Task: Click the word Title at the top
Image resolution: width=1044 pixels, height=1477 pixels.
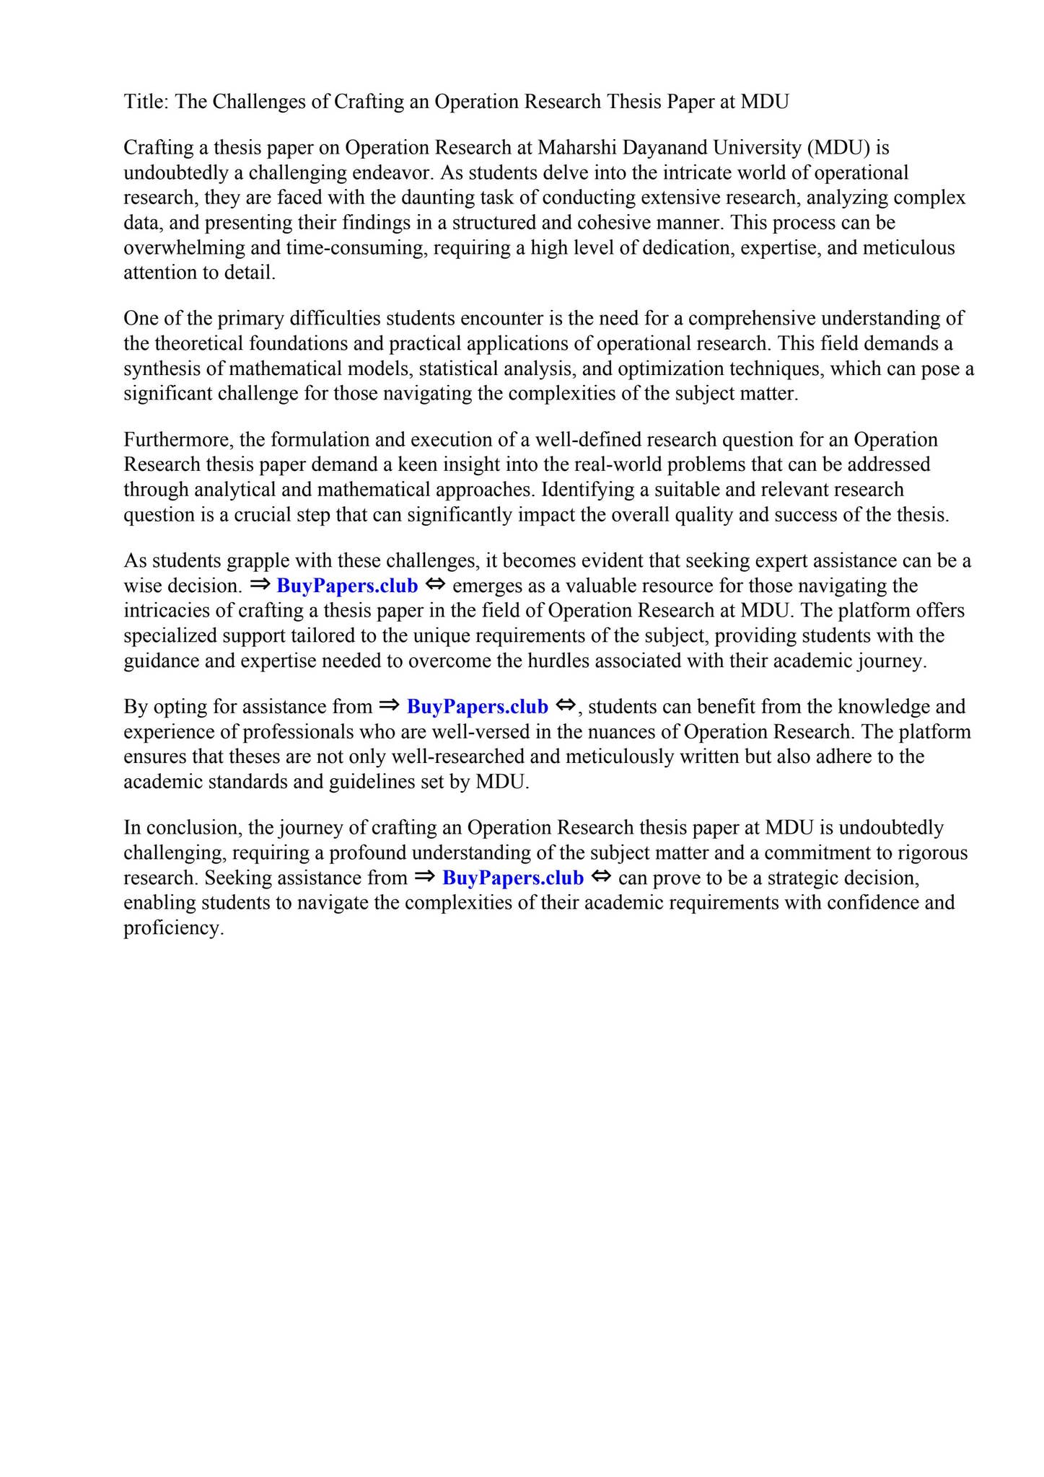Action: point(144,102)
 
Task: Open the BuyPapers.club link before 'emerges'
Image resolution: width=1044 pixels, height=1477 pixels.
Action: point(347,586)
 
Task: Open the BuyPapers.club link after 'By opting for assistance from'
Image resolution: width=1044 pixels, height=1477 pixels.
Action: point(478,707)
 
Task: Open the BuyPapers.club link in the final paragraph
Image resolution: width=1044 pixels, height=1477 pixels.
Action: point(512,878)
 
